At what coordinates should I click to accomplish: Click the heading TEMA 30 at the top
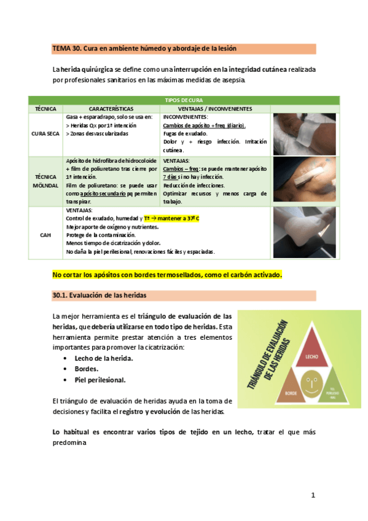144,49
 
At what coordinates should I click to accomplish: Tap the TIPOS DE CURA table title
184,100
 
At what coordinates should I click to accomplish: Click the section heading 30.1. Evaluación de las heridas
101,296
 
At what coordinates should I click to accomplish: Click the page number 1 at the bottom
313,495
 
